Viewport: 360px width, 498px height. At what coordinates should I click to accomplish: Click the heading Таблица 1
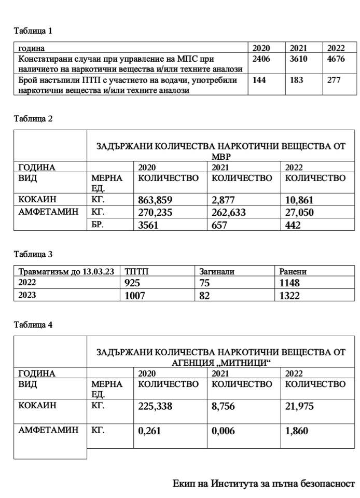[x=33, y=31]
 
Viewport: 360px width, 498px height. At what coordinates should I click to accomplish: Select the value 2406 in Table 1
[x=261, y=59]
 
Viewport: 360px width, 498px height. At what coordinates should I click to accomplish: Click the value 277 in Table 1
[x=334, y=80]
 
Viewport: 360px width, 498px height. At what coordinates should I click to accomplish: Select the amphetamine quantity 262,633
[x=231, y=213]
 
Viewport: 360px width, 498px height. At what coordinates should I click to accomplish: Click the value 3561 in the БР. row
[x=151, y=225]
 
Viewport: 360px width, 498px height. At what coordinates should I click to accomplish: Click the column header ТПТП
[x=136, y=271]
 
